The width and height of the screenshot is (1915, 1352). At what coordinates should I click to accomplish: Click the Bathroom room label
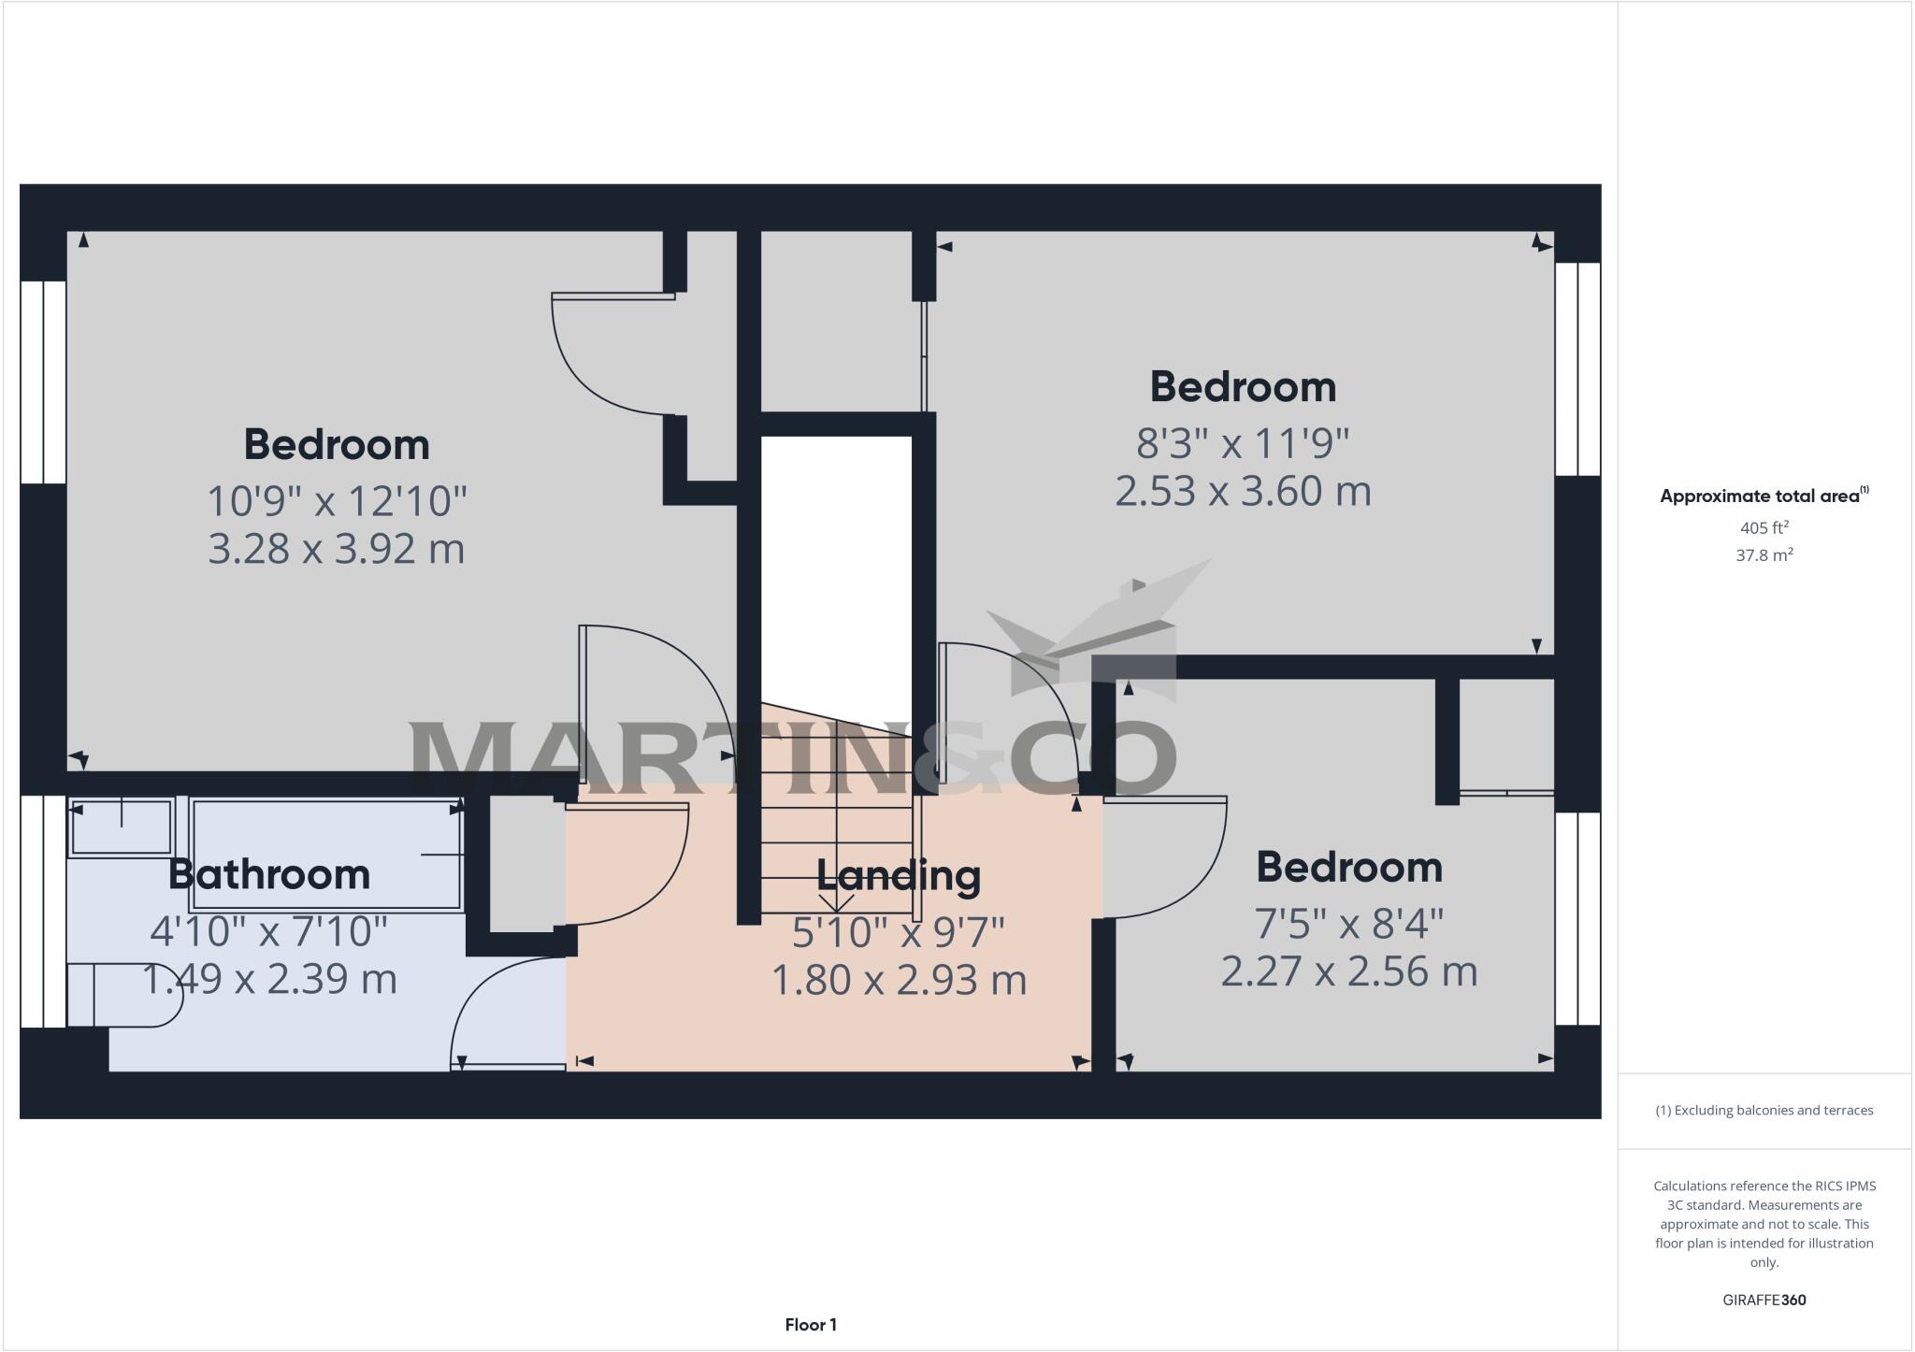[269, 875]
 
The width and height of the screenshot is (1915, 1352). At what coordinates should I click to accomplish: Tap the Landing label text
[899, 876]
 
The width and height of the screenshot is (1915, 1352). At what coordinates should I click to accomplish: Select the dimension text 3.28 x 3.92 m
[336, 549]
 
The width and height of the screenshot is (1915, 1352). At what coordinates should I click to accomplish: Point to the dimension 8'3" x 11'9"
[1243, 443]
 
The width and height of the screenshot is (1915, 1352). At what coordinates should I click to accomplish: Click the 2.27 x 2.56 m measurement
[1348, 971]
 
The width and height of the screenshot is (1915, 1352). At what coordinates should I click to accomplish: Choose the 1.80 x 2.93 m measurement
[899, 980]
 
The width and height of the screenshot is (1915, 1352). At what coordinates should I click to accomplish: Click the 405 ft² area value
[1764, 527]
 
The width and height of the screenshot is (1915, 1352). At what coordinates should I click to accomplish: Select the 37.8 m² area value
[1764, 555]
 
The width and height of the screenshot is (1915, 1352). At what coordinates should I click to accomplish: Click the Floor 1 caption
[811, 1325]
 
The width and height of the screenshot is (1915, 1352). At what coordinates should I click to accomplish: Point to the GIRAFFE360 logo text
[1764, 1300]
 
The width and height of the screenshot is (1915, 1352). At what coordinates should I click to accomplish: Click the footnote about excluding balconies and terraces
[1764, 1111]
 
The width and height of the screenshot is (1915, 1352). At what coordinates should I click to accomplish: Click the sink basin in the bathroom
[122, 827]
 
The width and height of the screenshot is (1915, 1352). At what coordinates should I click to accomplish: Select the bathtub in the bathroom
[327, 854]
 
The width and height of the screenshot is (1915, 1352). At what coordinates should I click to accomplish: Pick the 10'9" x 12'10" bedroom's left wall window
[43, 381]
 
